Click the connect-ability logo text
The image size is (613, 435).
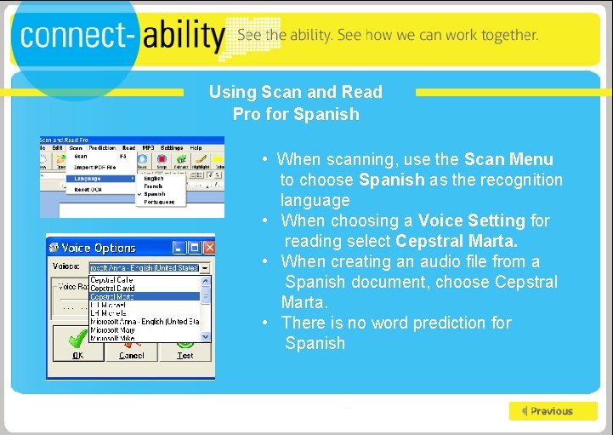tap(122, 36)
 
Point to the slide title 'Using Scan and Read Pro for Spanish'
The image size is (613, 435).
tap(296, 103)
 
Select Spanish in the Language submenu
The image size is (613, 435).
tap(155, 194)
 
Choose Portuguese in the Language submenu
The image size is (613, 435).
tap(159, 202)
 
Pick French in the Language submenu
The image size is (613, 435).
tap(154, 186)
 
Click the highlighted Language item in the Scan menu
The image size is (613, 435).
tap(88, 179)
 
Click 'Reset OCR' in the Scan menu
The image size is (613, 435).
tap(88, 189)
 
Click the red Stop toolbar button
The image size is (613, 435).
tap(162, 159)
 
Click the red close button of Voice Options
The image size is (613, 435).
tap(206, 248)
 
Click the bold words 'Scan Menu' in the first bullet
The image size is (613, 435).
tap(508, 159)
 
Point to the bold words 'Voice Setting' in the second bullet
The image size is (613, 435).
tap(471, 220)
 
